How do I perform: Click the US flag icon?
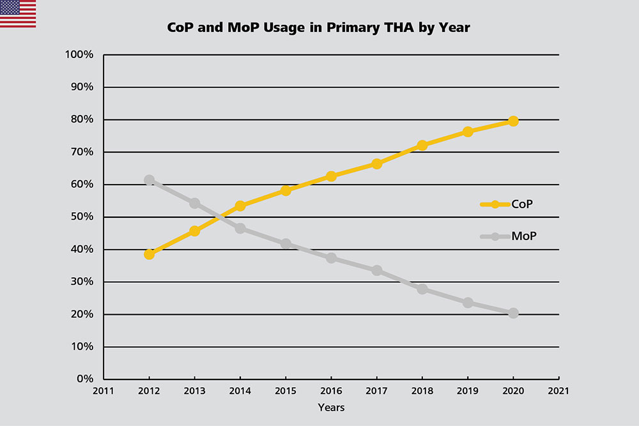coord(18,14)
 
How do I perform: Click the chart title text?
coord(318,28)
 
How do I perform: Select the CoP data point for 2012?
coord(149,254)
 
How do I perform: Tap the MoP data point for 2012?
coord(149,180)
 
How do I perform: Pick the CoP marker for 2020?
coord(513,121)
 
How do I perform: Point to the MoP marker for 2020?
coord(513,313)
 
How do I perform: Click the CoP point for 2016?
coord(331,176)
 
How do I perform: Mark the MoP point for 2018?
coord(422,289)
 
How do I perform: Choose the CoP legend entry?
coord(508,204)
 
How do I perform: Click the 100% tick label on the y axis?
coord(80,55)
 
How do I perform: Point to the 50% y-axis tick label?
coord(82,217)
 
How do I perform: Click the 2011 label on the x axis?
coord(104,390)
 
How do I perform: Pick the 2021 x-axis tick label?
coord(558,390)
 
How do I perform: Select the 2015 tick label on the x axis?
coord(286,390)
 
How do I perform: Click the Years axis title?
coord(331,407)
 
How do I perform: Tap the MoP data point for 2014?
coord(240,228)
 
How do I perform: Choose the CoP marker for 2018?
coord(422,145)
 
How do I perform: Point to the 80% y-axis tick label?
coord(82,120)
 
